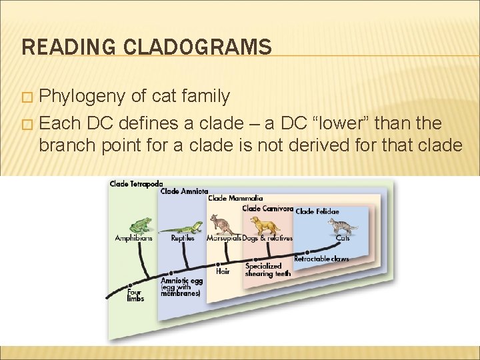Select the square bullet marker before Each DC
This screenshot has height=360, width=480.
click(x=27, y=124)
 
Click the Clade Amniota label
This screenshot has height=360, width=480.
click(x=184, y=191)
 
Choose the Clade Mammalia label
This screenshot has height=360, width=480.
click(x=235, y=198)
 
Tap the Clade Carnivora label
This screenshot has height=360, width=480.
click(x=267, y=208)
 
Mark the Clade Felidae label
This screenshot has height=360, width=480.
click(x=317, y=211)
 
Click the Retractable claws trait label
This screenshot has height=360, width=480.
click(x=321, y=258)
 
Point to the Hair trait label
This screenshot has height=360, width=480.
click(x=223, y=271)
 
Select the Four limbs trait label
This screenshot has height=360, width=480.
click(x=135, y=295)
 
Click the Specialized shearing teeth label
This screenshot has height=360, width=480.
click(x=267, y=270)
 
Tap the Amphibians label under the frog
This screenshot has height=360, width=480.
click(x=133, y=238)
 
